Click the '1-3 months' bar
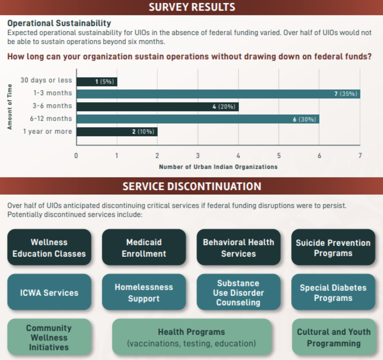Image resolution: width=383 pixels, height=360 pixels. tap(218, 94)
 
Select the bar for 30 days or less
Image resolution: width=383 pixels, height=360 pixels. tap(97, 82)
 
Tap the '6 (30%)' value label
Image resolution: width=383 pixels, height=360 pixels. tap(304, 119)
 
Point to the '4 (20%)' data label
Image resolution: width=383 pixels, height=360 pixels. tap(224, 107)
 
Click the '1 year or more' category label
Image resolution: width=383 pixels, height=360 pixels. tap(48, 131)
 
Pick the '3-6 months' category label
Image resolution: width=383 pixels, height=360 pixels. tap(53, 106)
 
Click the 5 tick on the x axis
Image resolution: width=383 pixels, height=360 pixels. tap(279, 156)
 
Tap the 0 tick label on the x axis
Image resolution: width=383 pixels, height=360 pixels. tap(76, 156)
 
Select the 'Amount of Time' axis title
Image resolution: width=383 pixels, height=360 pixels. tap(10, 107)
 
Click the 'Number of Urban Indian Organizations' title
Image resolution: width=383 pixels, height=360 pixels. tap(218, 167)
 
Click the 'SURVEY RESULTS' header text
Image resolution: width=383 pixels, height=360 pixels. tap(192, 7)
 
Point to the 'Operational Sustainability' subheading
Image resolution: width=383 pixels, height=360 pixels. tap(59, 23)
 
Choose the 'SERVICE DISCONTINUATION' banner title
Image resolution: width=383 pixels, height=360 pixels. tap(192, 186)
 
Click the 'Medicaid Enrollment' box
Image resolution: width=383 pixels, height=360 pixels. tap(144, 247)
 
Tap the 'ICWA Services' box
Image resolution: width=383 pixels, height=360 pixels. tap(49, 292)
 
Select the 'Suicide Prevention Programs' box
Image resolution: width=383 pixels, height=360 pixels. tap(333, 247)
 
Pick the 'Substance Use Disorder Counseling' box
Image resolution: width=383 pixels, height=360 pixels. tap(239, 292)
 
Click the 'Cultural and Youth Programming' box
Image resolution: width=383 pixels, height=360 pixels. tap(334, 337)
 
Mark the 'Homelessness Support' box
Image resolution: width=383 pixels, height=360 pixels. tap(144, 292)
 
